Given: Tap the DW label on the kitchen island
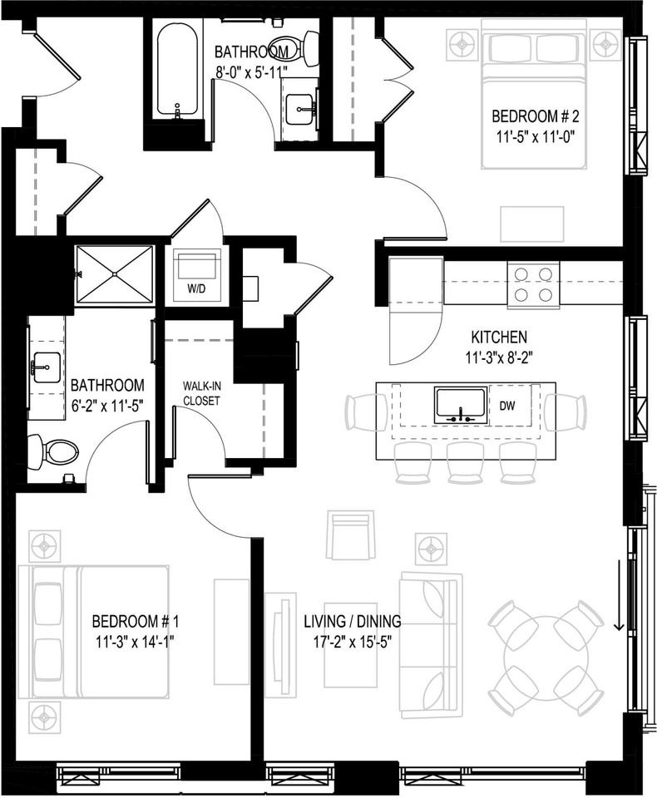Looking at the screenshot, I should click(507, 405).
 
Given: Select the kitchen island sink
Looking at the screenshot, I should click(460, 405).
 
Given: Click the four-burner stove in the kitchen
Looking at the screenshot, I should click(532, 283).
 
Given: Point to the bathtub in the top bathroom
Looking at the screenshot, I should click(177, 71).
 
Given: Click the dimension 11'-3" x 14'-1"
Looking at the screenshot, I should click(135, 641).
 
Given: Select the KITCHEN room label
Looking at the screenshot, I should click(499, 337).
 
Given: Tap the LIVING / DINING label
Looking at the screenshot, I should click(352, 621).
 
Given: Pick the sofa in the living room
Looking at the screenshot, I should click(430, 643).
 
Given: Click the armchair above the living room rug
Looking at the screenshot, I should click(350, 536).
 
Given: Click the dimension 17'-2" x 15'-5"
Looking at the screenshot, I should click(352, 641).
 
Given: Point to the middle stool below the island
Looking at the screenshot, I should click(465, 462).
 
